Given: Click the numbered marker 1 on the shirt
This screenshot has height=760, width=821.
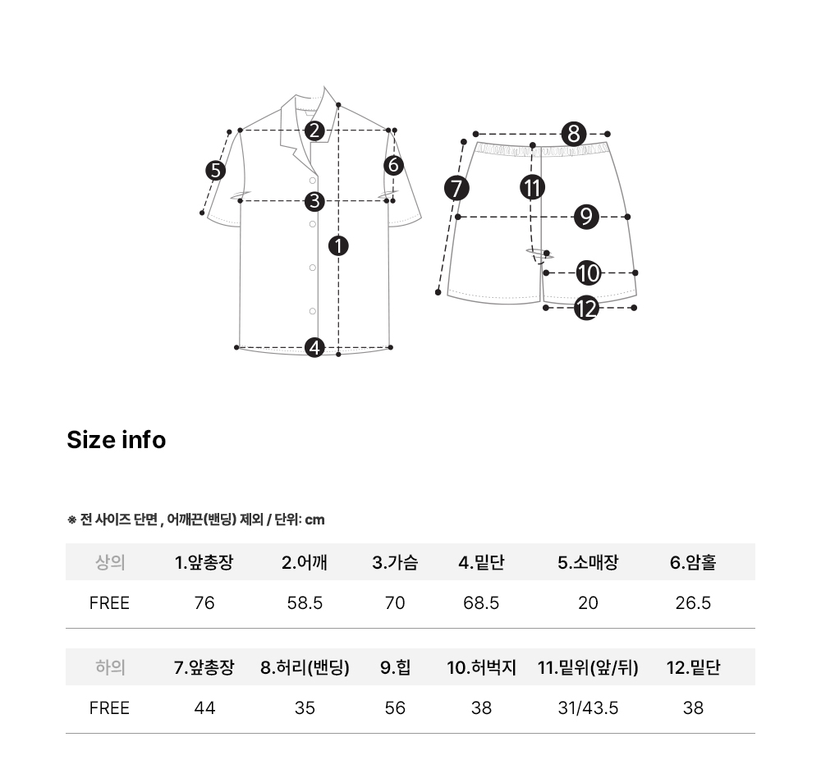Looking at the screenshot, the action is coord(338,245).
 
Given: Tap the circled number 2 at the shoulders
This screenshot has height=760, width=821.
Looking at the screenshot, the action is coord(314,130).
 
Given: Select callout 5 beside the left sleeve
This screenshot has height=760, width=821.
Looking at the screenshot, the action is coord(215,171).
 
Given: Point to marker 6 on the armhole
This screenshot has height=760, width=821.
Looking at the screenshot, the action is coord(394,166).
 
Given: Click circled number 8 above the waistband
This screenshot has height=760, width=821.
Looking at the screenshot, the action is coord(574,134).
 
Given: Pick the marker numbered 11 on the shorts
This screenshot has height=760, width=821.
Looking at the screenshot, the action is coord(533,187).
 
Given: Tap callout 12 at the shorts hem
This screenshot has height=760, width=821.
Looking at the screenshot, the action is coord(586,308).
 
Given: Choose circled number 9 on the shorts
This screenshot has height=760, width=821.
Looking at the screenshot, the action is coord(586,217).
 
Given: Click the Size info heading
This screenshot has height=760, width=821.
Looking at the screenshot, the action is coord(117,440).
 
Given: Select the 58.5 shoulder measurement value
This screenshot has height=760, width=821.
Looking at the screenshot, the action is coord(305,603).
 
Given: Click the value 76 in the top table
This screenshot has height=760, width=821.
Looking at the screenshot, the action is coord(204,603).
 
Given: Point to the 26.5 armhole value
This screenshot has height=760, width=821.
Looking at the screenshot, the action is coord(693,603).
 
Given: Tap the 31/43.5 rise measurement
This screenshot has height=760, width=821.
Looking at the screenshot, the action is coord(588,708).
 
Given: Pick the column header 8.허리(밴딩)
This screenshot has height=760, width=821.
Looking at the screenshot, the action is coord(305,667).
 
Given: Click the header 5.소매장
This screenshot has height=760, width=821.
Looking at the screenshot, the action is coord(588,562).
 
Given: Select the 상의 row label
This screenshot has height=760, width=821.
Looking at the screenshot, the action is coord(110,562).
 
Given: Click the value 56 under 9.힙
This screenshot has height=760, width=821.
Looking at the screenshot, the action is coord(395,708).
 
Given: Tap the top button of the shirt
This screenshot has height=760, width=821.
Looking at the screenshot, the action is coord(313,181).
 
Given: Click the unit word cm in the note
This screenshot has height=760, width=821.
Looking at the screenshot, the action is coord(314,520).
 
